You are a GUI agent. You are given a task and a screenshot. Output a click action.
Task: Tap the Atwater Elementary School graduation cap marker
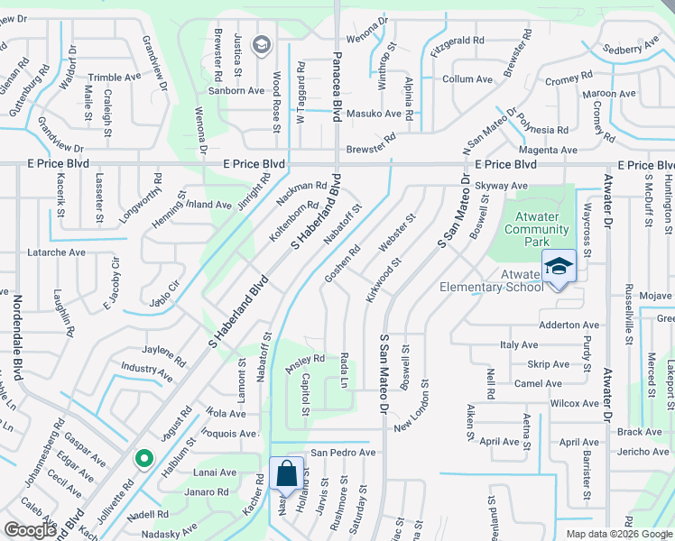click(x=559, y=265)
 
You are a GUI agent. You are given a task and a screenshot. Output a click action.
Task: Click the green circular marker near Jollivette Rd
click(x=143, y=459)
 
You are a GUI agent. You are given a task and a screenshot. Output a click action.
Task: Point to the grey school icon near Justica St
click(x=263, y=45)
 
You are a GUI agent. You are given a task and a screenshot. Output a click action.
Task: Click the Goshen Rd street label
click(x=343, y=261)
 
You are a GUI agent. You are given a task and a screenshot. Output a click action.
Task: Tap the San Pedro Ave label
click(x=343, y=452)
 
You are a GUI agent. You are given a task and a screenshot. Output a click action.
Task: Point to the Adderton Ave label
click(x=569, y=325)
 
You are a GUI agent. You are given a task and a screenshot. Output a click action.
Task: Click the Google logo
click(x=29, y=530)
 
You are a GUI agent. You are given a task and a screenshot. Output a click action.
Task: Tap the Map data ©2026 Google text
click(x=619, y=534)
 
